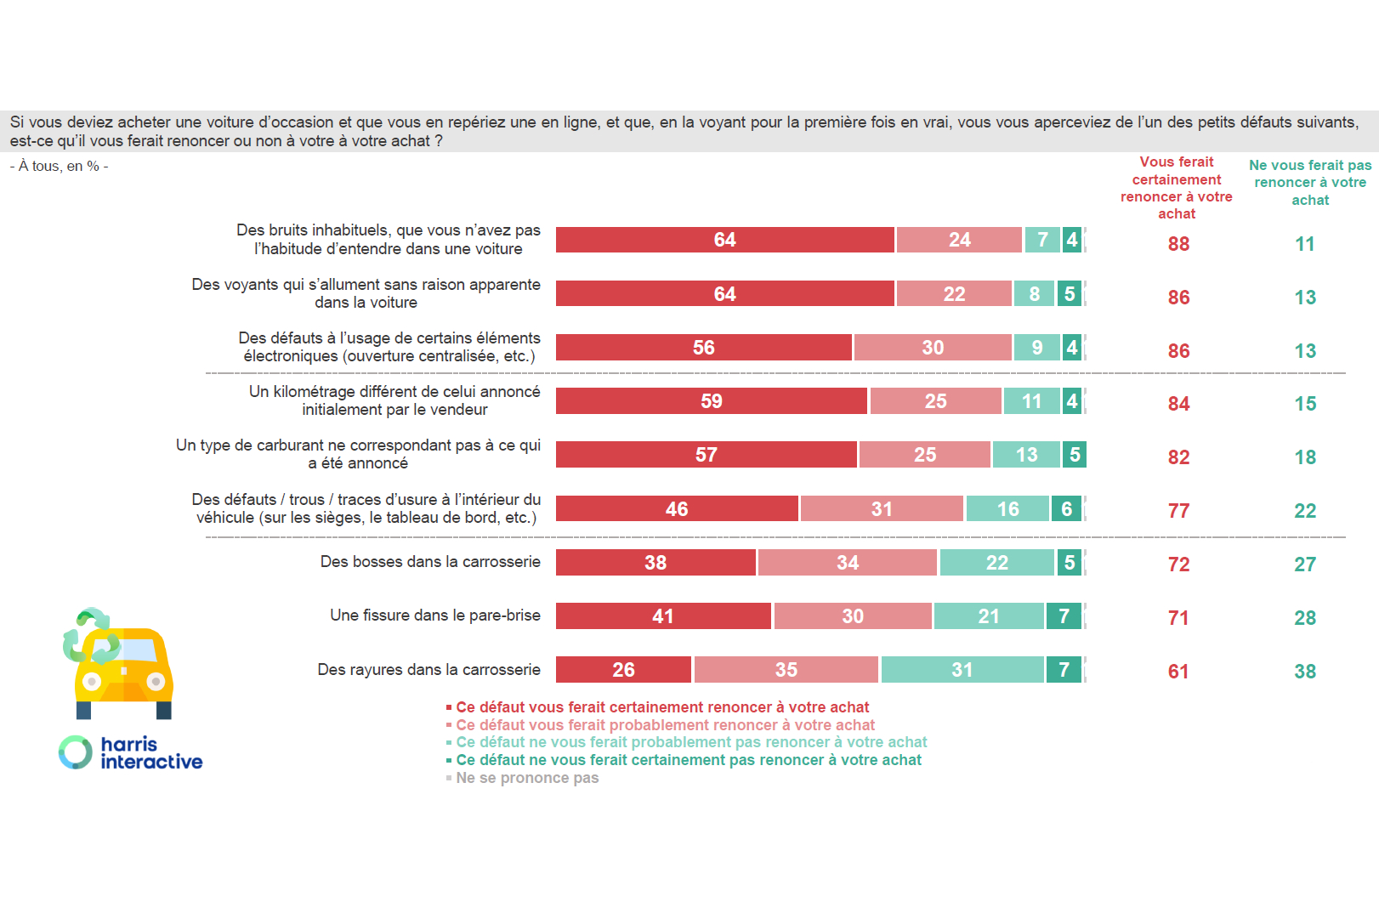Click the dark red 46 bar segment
pyautogui.click(x=677, y=509)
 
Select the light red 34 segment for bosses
pyautogui.click(x=847, y=563)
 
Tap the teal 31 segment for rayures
pyautogui.click(x=962, y=670)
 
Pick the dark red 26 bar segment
pyautogui.click(x=623, y=670)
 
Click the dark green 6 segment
pyautogui.click(x=1067, y=509)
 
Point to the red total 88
pyautogui.click(x=1178, y=244)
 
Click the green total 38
pyautogui.click(x=1305, y=672)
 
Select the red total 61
pyautogui.click(x=1178, y=672)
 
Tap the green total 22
pyautogui.click(x=1305, y=511)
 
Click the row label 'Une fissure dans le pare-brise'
pyautogui.click(x=434, y=616)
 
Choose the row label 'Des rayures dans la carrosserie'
pyautogui.click(x=428, y=670)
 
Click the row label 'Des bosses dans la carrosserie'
pyautogui.click(x=430, y=562)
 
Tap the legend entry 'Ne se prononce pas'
pyautogui.click(x=526, y=778)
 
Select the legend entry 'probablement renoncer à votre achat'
pyautogui.click(x=665, y=725)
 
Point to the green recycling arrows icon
pyautogui.click(x=90, y=635)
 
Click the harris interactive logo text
pyautogui.click(x=150, y=753)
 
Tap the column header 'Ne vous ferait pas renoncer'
pyautogui.click(x=1310, y=183)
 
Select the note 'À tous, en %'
pyautogui.click(x=60, y=167)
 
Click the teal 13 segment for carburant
pyautogui.click(x=1026, y=455)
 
